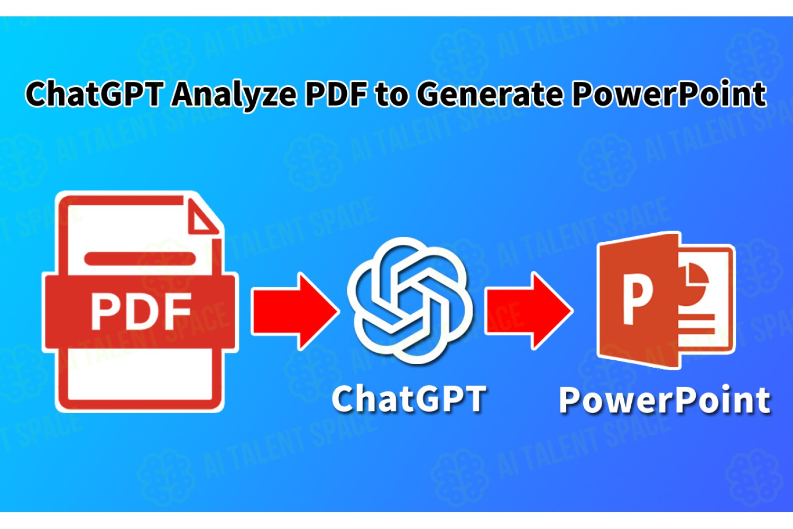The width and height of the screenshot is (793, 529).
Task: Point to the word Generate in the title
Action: coord(490,94)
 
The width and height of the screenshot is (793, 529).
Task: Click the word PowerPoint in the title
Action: coord(669,93)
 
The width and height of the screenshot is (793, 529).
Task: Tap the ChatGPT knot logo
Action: coord(410,300)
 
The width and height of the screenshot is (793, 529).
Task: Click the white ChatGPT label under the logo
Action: coord(409,399)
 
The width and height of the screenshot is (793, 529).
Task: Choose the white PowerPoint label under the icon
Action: coord(665,400)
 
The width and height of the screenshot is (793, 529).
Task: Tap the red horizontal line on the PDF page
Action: coord(140,259)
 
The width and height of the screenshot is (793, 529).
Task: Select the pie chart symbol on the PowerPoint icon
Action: coord(696,278)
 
